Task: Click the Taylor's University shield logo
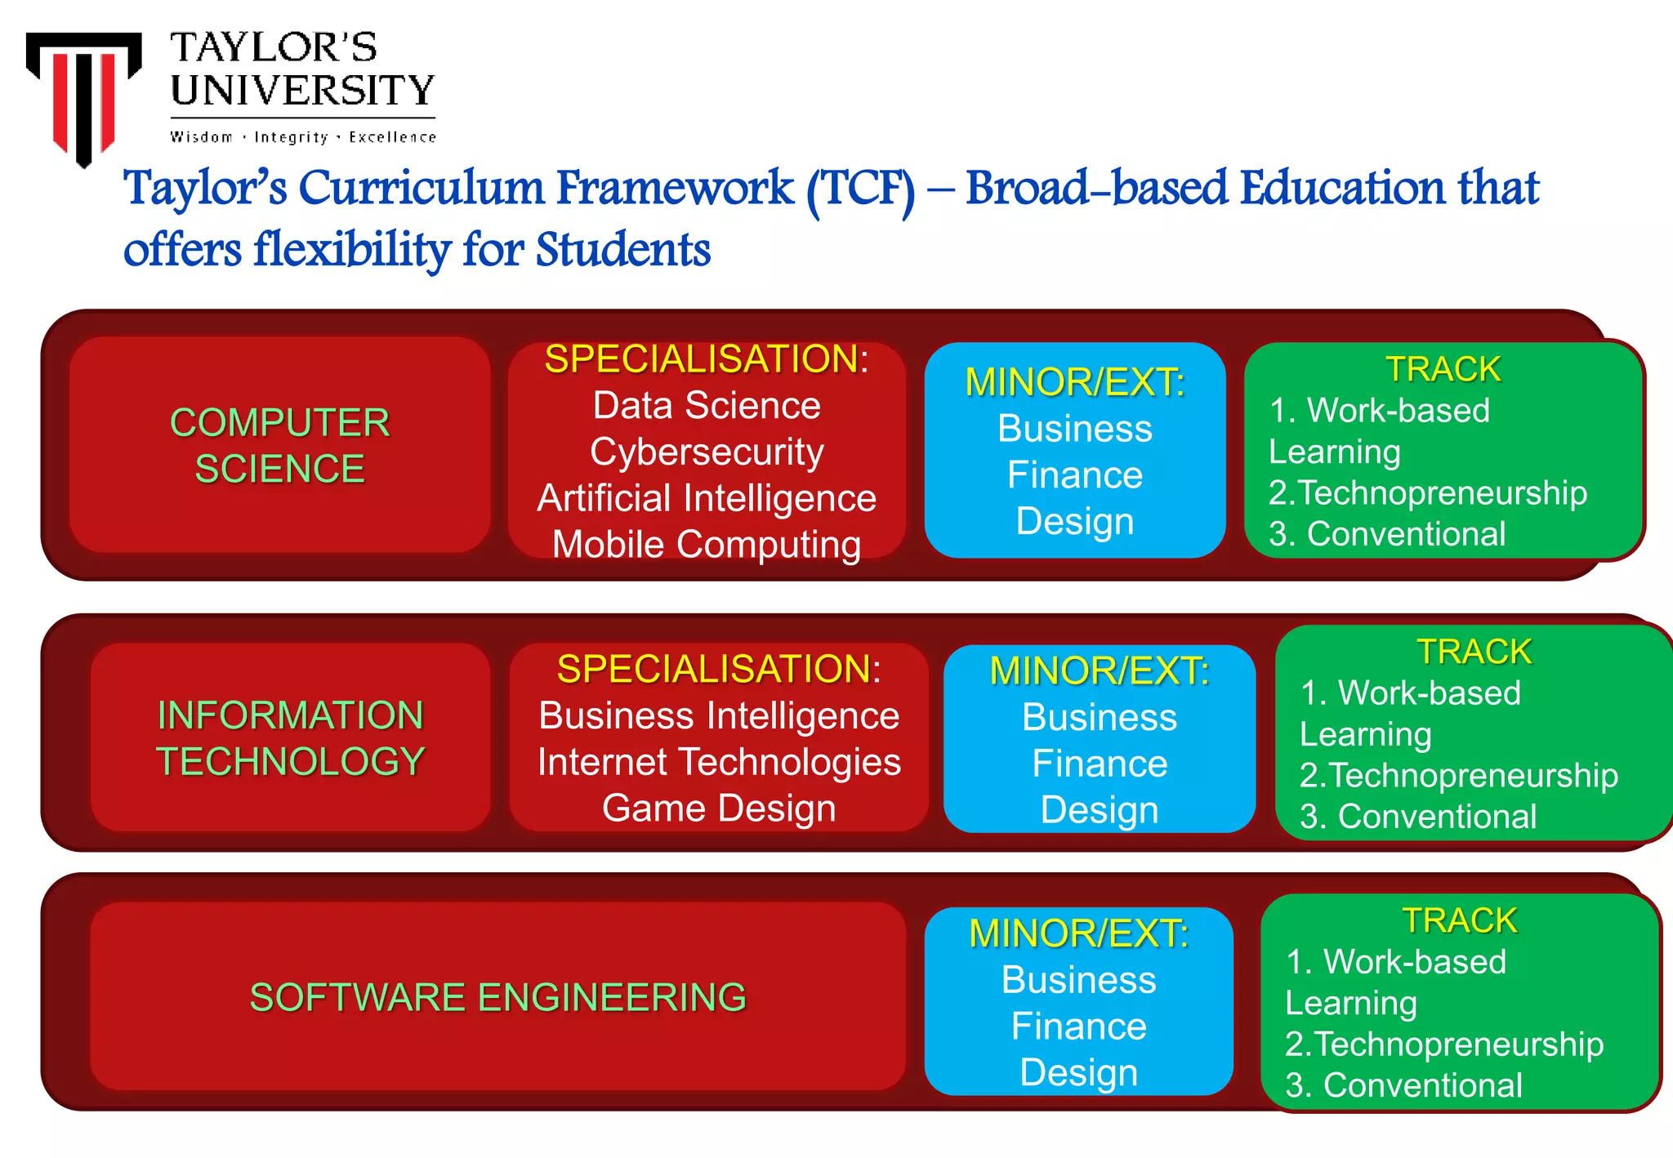[83, 94]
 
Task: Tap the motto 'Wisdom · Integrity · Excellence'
[302, 137]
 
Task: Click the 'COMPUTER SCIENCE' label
[279, 445]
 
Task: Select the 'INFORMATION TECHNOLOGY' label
[290, 738]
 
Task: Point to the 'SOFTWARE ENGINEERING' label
[497, 997]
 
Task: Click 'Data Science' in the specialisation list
[707, 406]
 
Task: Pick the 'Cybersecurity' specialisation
[707, 452]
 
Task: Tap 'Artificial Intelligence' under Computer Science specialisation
[707, 498]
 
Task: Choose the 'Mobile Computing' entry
[707, 545]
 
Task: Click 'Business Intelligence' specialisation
[719, 716]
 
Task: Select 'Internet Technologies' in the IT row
[719, 762]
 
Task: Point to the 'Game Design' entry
[719, 808]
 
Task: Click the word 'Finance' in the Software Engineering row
[1078, 1027]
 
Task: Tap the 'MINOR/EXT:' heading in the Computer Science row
[1075, 382]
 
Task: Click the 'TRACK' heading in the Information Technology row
[1474, 652]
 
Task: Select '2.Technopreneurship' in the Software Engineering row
[1443, 1044]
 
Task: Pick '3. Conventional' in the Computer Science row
[1387, 534]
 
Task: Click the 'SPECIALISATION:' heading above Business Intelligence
[719, 670]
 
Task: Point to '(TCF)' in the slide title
[861, 189]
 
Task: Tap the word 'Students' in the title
[622, 250]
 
